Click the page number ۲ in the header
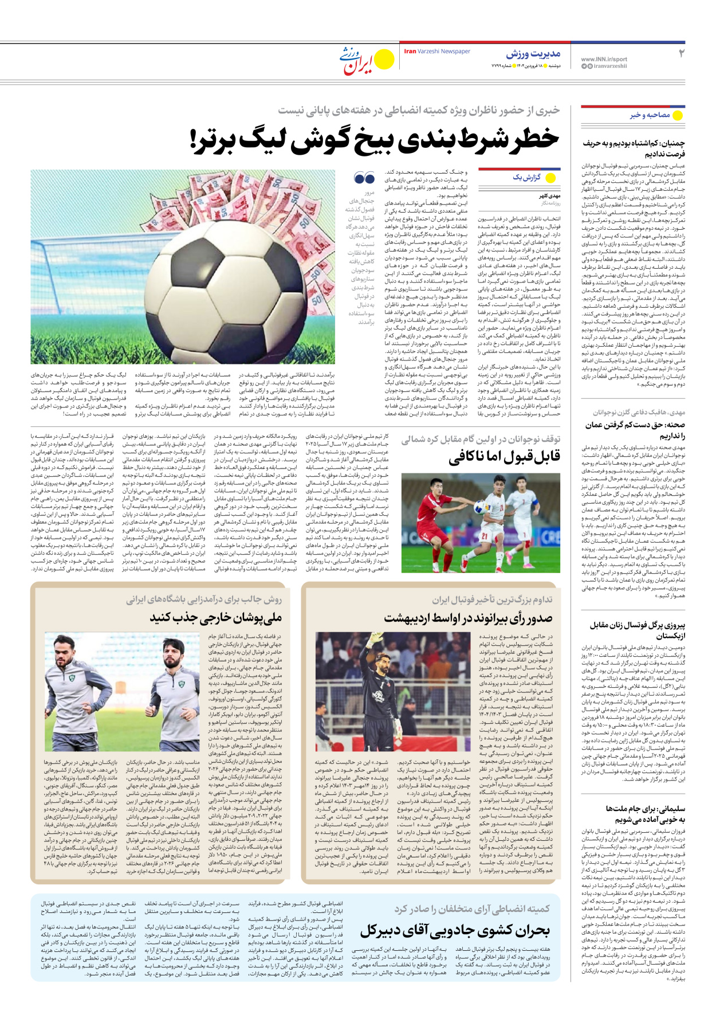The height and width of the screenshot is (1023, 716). tap(681, 53)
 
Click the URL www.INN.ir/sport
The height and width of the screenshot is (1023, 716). tap(604, 59)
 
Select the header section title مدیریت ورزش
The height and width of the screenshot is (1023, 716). tap(533, 54)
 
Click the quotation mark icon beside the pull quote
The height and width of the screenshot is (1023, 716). tap(364, 178)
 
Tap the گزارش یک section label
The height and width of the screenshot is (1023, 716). tap(526, 178)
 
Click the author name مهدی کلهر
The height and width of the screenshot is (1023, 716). tap(550, 196)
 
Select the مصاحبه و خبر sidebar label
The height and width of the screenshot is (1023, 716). tap(650, 115)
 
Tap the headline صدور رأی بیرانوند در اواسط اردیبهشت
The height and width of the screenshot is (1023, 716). tap(468, 618)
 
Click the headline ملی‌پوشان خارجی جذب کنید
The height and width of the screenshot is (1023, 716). tap(216, 618)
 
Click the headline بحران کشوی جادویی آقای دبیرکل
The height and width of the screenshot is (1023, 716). tap(455, 930)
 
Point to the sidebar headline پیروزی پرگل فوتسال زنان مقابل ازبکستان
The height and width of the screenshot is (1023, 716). tap(638, 630)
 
